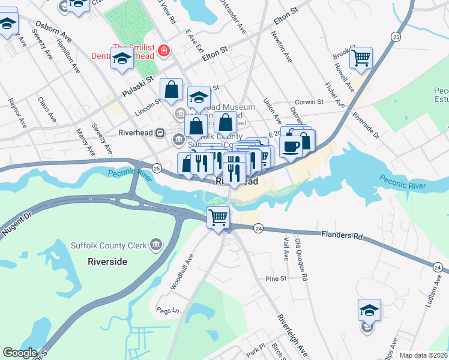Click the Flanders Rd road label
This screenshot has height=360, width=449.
[343, 235]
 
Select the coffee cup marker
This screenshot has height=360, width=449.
[291, 146]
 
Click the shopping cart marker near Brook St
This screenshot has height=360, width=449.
[361, 59]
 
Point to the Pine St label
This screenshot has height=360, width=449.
[276, 278]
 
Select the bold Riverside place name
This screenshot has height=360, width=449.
[107, 262]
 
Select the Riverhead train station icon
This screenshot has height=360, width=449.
[160, 133]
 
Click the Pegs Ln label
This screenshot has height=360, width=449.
[168, 310]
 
